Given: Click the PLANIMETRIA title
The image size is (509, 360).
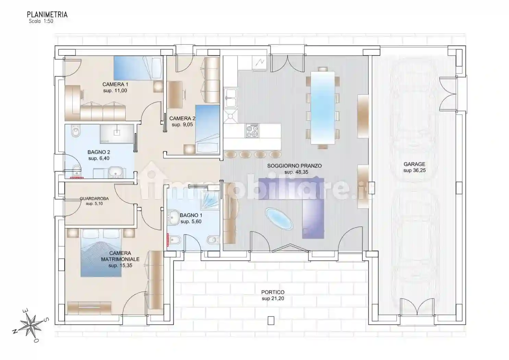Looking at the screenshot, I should (47, 15).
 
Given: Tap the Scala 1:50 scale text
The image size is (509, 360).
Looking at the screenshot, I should (41, 21).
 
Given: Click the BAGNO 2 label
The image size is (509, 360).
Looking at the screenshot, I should (99, 152).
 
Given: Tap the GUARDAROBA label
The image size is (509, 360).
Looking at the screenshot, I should (94, 199).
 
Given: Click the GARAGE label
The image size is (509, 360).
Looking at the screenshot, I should (414, 164).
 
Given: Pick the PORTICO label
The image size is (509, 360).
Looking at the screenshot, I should (273, 292).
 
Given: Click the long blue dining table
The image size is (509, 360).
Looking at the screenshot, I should (323, 107).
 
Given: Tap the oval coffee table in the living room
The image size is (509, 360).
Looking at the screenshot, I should (279, 219).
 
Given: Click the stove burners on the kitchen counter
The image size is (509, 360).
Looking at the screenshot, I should (252, 130).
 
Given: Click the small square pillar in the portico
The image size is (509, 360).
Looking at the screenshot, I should (271, 320).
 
